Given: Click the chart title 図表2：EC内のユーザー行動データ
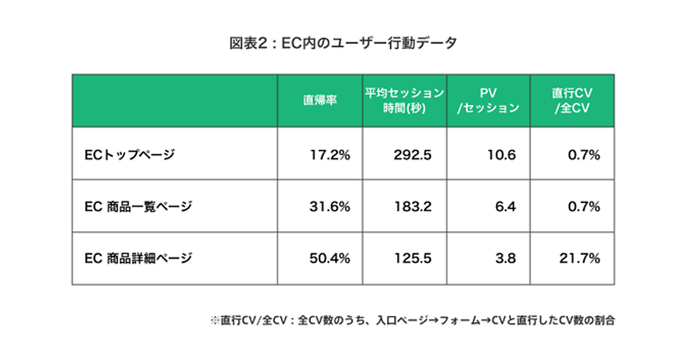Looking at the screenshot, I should pos(343,44).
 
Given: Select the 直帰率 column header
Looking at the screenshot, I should pos(320,101).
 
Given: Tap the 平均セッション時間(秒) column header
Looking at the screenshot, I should pos(404,101).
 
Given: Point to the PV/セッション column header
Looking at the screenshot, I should pos(488,101).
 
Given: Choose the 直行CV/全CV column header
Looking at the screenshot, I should pos(572,101).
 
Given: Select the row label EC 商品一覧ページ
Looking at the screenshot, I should pos(138,206).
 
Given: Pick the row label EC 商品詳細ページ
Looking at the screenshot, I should pos(138,258).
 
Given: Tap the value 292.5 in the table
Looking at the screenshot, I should pos(412,154).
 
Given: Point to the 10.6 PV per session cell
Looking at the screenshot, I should pos(502,154).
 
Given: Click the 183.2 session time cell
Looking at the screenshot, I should pos(412,206).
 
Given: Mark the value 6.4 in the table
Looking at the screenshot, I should pos(506,206).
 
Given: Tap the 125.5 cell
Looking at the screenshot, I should pos(412,258).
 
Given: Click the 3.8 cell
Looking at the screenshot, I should pos(506,258).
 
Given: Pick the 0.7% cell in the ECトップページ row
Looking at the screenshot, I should pos(584,154).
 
